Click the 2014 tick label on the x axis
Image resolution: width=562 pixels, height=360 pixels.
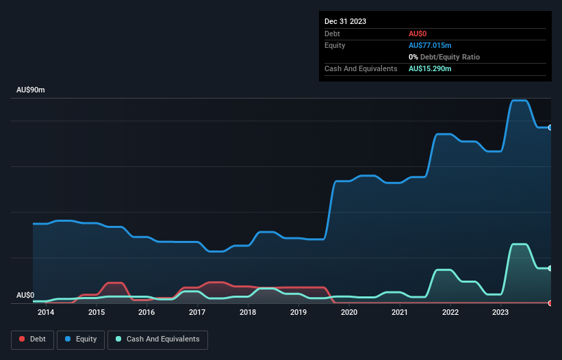point(46,313)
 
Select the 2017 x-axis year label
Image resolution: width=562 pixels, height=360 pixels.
point(197,313)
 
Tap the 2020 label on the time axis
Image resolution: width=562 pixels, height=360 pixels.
point(349,313)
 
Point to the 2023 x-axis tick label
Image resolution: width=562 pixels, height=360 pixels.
point(500,313)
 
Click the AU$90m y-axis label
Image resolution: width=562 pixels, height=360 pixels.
point(30,90)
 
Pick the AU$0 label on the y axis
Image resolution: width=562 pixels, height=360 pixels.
point(25,295)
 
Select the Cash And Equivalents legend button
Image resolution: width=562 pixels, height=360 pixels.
point(157,339)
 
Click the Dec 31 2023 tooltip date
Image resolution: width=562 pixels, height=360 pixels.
point(346,21)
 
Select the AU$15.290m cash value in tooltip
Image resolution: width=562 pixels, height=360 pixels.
point(430,69)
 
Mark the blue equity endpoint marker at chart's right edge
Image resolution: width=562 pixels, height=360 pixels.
point(550,127)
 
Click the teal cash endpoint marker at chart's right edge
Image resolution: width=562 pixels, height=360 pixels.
point(550,268)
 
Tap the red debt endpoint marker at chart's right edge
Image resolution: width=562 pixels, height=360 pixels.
point(550,303)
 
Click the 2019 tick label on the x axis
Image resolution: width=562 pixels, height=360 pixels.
point(298,313)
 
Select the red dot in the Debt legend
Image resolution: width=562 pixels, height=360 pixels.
point(23,339)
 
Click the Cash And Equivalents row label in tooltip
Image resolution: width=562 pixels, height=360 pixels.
point(361,69)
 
